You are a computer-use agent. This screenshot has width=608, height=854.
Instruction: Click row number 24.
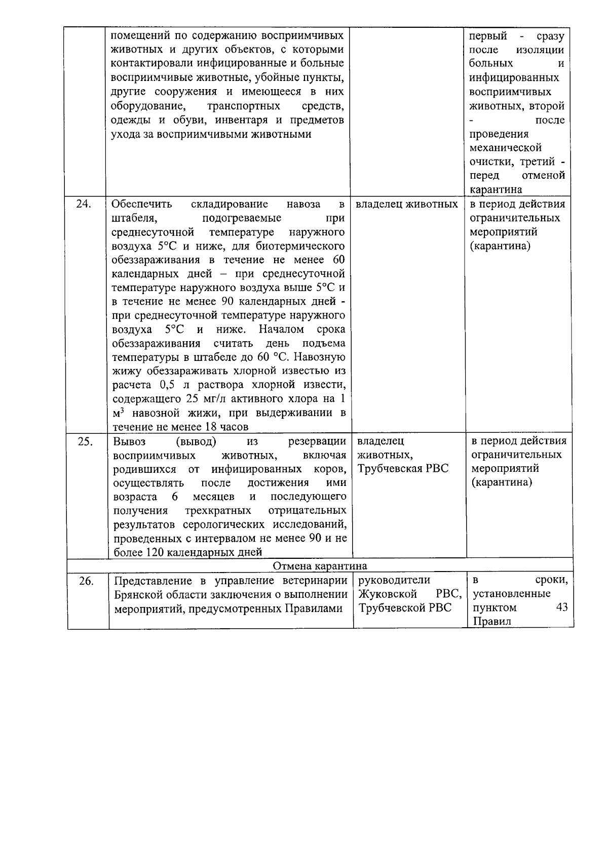click(84, 204)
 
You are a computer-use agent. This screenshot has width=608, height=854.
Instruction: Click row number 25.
click(85, 441)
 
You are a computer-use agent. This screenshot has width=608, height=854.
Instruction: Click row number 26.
click(86, 581)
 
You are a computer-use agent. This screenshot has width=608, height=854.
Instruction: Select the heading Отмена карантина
click(320, 565)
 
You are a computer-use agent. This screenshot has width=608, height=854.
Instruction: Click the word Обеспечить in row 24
click(141, 204)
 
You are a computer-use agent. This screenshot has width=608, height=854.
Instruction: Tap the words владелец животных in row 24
click(406, 204)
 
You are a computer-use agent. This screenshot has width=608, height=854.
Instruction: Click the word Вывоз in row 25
click(129, 441)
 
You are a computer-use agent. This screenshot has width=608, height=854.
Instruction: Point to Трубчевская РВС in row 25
click(403, 468)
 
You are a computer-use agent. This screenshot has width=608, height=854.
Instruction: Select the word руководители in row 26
click(394, 580)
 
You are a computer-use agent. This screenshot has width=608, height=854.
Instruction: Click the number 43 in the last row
click(561, 607)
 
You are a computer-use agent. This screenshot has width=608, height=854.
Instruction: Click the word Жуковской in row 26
click(388, 593)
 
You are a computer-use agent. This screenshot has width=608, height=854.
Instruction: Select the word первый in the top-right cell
click(488, 36)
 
